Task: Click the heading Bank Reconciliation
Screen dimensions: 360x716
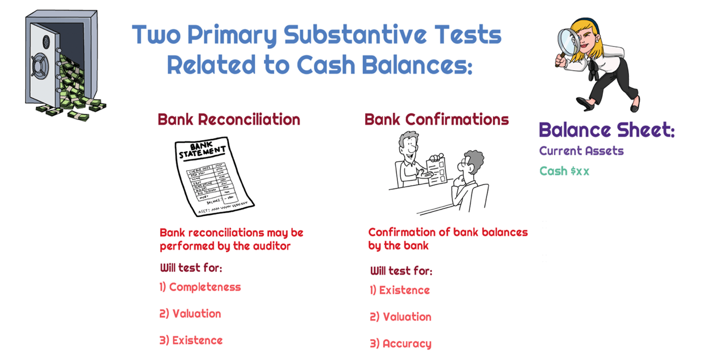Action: [x=229, y=120]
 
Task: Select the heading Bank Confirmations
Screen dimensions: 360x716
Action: [x=436, y=120]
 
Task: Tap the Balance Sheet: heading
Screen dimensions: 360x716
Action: [x=606, y=130]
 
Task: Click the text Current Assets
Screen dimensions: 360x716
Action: [x=581, y=151]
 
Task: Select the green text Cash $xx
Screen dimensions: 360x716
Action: [x=564, y=171]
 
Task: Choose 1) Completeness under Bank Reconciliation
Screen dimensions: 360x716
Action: [x=200, y=287]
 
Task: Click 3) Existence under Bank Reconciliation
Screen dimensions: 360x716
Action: [x=191, y=341]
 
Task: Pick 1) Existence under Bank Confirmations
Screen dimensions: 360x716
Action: [x=400, y=290]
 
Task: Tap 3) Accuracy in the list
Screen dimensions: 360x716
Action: [x=401, y=344]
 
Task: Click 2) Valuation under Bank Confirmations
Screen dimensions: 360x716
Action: [x=401, y=317]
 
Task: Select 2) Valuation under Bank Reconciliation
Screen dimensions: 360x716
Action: [x=190, y=314]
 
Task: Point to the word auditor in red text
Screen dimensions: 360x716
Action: [x=271, y=246]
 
